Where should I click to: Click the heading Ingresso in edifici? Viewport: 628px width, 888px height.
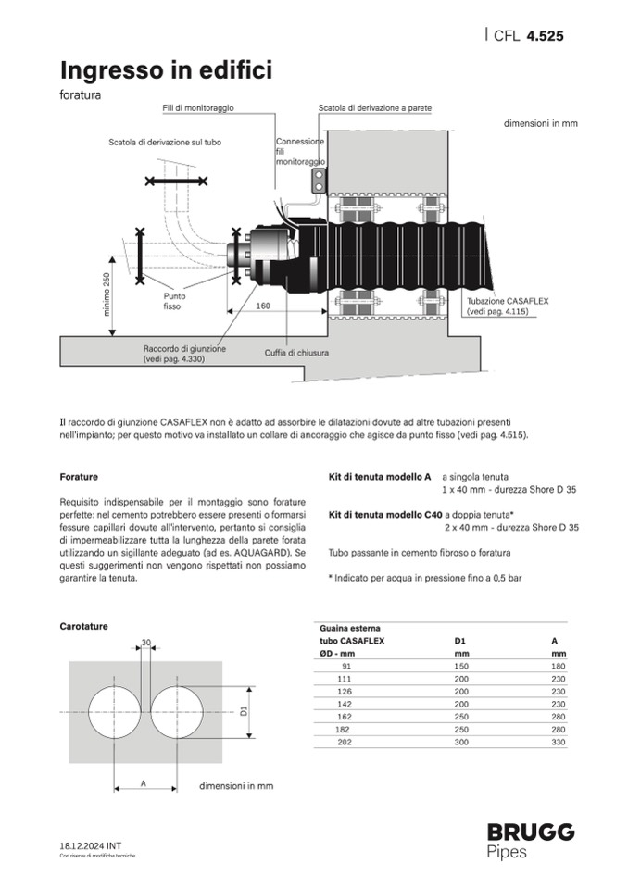[166, 70]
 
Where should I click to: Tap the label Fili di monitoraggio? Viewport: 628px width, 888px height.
[197, 108]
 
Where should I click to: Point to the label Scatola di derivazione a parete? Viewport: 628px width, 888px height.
[374, 108]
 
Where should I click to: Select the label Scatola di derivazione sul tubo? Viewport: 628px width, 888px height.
[164, 143]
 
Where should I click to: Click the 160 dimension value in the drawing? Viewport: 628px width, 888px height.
[264, 306]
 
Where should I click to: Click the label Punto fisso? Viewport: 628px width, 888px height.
[173, 301]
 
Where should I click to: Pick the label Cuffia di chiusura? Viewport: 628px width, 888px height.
[295, 353]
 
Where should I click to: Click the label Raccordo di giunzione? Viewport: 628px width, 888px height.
[184, 349]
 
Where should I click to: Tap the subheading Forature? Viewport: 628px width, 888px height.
[79, 476]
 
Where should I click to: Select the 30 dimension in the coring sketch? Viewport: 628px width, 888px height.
[145, 642]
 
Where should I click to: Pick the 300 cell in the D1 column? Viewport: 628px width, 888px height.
[460, 743]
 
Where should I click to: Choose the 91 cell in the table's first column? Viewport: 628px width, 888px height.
[346, 666]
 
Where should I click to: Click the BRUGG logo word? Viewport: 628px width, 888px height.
[531, 831]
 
